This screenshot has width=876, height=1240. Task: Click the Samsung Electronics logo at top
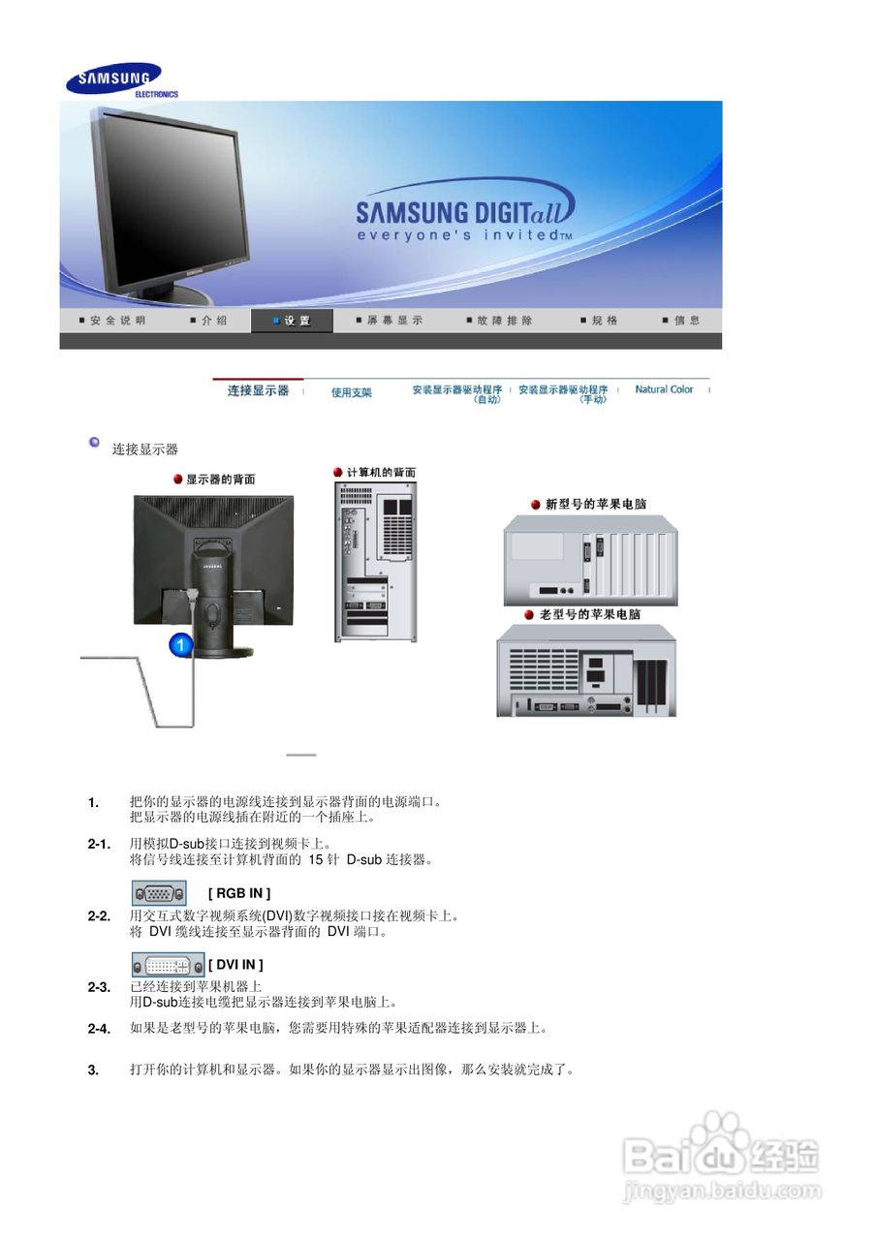[115, 79]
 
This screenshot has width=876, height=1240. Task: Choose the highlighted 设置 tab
[292, 321]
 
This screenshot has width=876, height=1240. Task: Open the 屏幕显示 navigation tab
[391, 321]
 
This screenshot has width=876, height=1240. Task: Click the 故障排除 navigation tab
[500, 321]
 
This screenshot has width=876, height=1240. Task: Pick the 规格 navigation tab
[600, 321]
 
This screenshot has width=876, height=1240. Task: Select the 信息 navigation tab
[683, 321]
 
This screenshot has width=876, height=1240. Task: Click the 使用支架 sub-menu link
[352, 392]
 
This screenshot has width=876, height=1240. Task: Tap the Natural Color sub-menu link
[664, 389]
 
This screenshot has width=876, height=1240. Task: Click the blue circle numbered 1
[182, 642]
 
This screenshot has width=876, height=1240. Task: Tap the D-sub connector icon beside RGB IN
[159, 893]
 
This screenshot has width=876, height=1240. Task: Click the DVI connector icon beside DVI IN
[168, 964]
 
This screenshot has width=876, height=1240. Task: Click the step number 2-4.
[99, 1029]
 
